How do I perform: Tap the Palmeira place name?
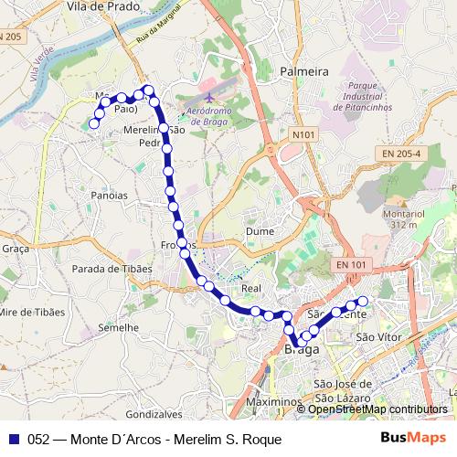coord(304,70)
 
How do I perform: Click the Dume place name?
coord(260,231)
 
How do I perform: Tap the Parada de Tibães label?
coord(110,269)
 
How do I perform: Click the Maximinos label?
coord(273,402)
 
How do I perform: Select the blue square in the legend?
coord(13,439)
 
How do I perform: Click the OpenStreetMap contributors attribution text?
coord(377,409)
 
